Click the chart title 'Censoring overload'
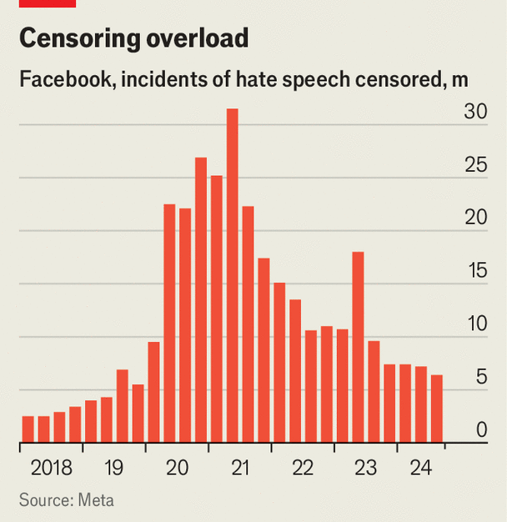tap(134, 38)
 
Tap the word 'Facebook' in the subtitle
tap(57, 81)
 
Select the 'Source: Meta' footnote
tap(67, 500)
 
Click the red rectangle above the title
tap(48, 3)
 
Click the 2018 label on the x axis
tap(51, 468)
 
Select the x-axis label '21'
tap(239, 468)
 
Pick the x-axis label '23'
tap(365, 468)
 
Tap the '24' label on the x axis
tap(420, 468)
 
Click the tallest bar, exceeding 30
tap(232, 275)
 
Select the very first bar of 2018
tap(28, 429)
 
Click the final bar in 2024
tap(436, 409)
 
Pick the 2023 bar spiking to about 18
tap(358, 346)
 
